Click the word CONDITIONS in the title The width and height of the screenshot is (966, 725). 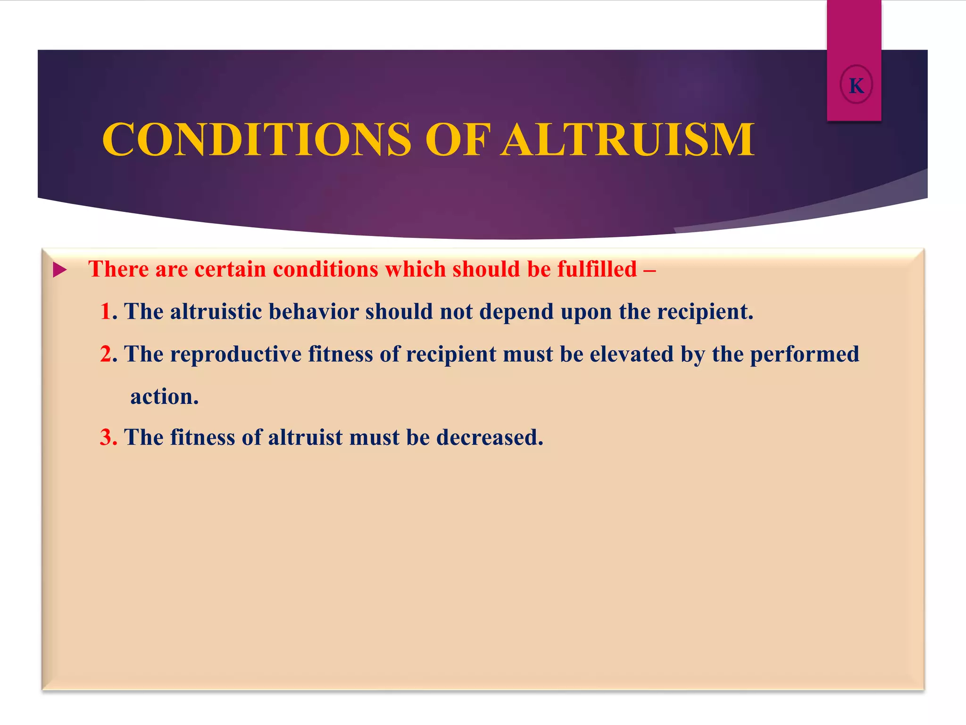(x=257, y=140)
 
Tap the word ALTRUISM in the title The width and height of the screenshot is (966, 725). (x=627, y=140)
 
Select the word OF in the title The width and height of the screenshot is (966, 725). (x=458, y=140)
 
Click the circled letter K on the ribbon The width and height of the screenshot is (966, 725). (x=856, y=85)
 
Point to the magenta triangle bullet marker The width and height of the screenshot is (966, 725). (x=59, y=270)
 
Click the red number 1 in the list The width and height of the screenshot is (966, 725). (x=106, y=312)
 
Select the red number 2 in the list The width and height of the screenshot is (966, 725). (x=106, y=354)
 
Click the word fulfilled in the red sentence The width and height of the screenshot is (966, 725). (x=597, y=269)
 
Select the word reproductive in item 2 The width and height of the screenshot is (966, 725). (x=236, y=354)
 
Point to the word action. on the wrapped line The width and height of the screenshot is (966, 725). (x=165, y=396)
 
